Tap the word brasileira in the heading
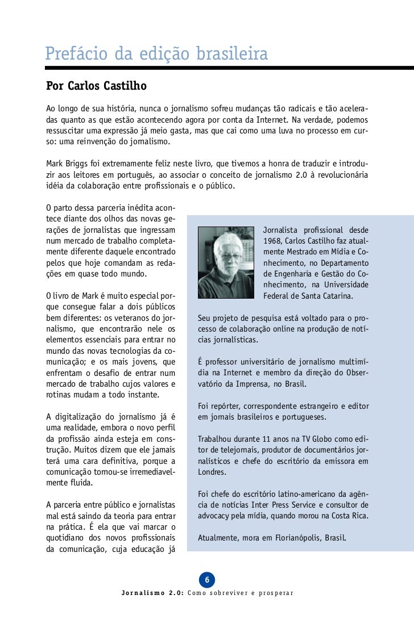(x=232, y=55)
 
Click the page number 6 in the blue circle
(x=207, y=580)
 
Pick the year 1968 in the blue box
(x=274, y=241)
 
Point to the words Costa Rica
(x=348, y=516)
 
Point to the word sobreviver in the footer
(x=231, y=593)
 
